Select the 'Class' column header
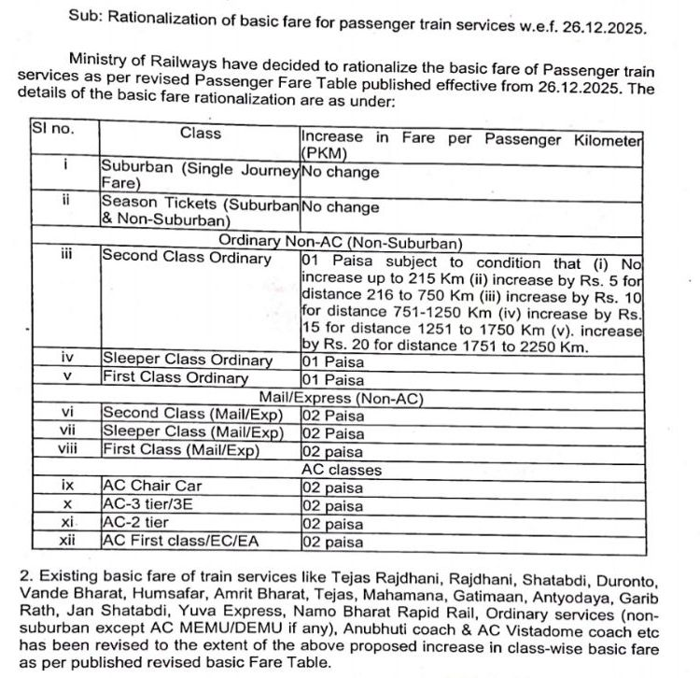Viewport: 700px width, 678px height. [200, 134]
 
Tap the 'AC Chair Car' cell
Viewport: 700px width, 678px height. [151, 486]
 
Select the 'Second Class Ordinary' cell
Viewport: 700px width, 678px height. [187, 258]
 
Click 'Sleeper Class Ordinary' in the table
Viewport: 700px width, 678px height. [188, 360]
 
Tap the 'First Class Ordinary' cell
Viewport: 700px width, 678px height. [175, 378]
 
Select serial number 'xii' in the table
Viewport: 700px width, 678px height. [66, 541]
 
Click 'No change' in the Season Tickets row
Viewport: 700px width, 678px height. [340, 206]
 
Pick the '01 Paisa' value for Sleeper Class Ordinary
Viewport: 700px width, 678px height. [332, 360]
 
